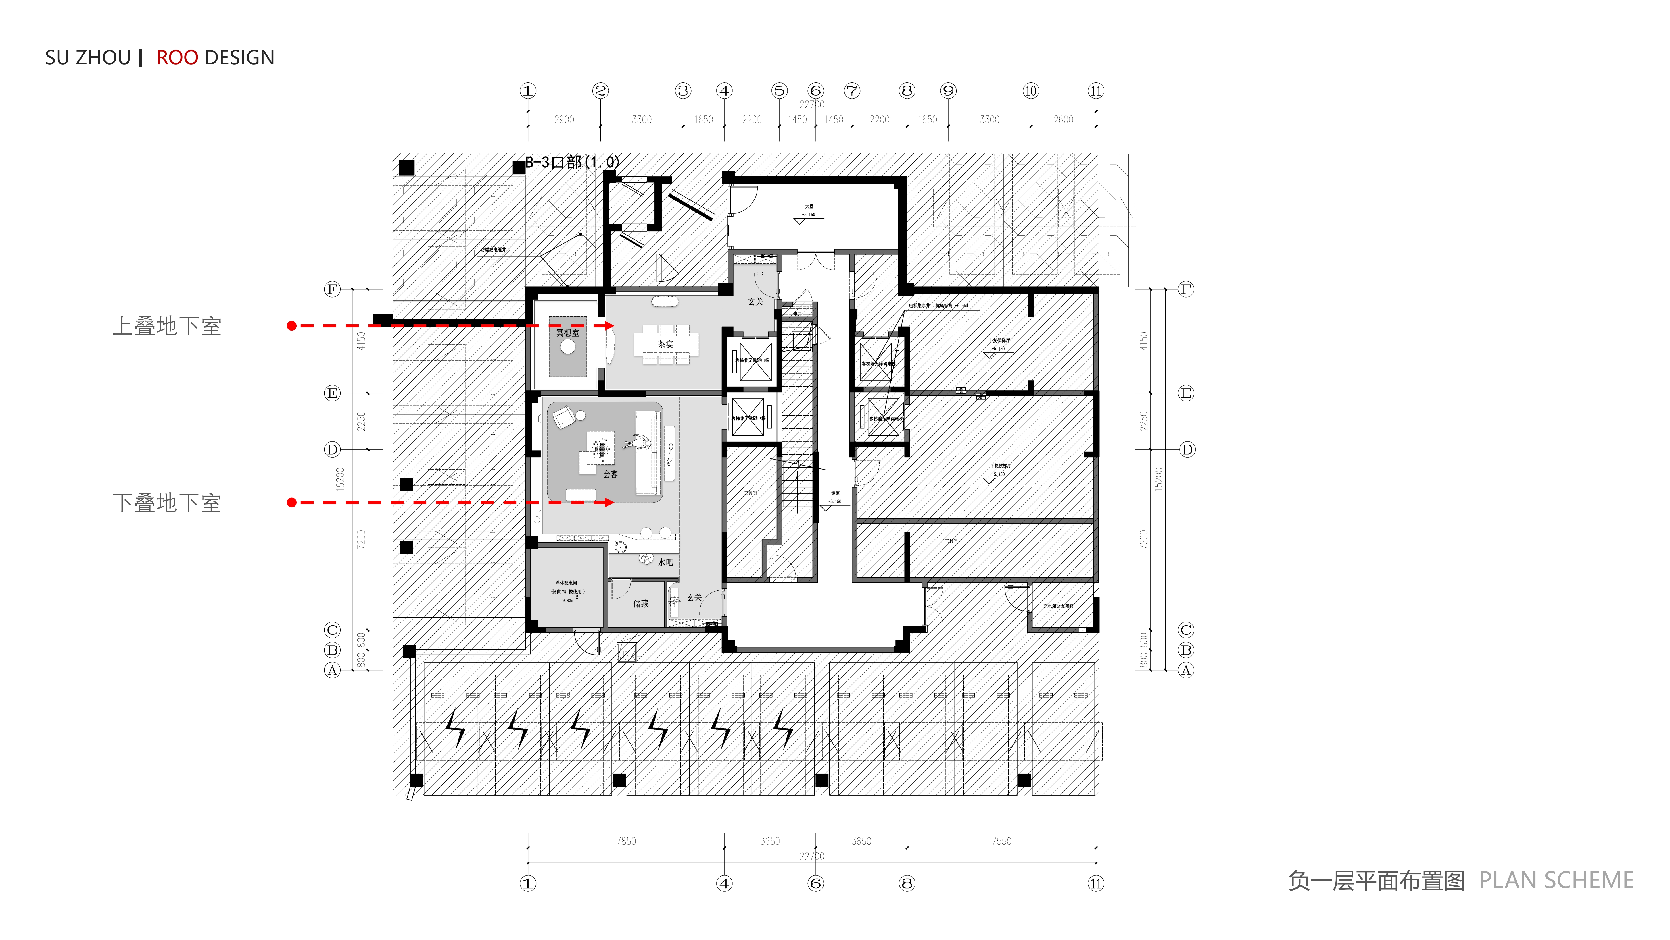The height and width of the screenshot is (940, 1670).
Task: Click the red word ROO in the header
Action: [x=177, y=58]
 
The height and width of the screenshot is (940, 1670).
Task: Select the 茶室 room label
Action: [x=666, y=344]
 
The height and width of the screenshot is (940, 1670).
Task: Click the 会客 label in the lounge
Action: [x=610, y=474]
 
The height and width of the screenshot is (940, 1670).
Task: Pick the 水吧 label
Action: [x=665, y=563]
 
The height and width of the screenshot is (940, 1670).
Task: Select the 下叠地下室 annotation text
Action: [x=167, y=503]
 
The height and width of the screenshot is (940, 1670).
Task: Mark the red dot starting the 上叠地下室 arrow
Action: [x=292, y=326]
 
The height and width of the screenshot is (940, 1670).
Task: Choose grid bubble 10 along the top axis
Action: [x=1030, y=91]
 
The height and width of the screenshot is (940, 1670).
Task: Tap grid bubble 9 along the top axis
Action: [x=948, y=91]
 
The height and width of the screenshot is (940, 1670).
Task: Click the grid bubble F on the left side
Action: [x=332, y=289]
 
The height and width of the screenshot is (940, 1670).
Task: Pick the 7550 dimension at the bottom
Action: [x=1001, y=841]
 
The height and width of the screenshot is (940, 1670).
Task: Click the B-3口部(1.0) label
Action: [x=572, y=162]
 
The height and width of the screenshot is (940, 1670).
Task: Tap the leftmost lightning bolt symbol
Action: [x=456, y=728]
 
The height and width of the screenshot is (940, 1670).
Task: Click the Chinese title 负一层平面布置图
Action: [x=1376, y=880]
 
